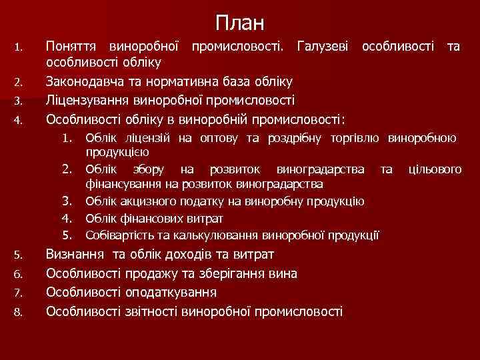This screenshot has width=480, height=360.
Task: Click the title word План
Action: point(240,23)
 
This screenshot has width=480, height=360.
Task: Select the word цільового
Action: point(435,170)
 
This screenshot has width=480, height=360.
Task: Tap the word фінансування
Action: point(121,183)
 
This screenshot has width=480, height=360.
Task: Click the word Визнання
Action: point(74,255)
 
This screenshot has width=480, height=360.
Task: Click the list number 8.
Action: point(19,312)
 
